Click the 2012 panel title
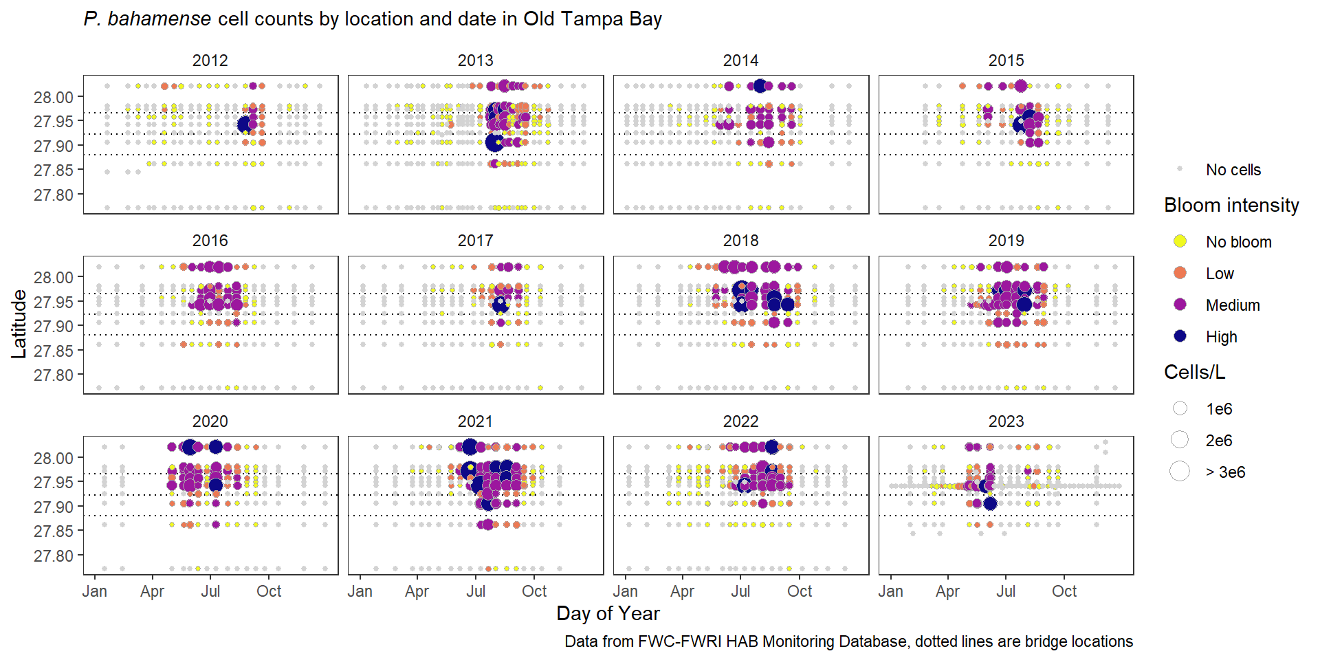[210, 60]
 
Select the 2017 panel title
[475, 241]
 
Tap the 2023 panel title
[1006, 421]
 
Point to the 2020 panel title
[210, 421]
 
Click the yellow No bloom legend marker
[1180, 241]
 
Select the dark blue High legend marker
[1180, 336]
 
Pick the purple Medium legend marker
[1180, 305]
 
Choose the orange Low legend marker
[1180, 273]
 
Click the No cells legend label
[1233, 170]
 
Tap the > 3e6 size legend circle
[1180, 472]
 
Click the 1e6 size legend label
[1219, 409]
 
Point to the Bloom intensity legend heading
[1231, 205]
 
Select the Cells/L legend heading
[1194, 372]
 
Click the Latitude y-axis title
[19, 324]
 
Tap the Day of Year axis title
[608, 613]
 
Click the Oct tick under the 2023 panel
[1064, 591]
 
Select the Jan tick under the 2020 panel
[95, 591]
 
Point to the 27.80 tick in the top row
[54, 195]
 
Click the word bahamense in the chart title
[159, 19]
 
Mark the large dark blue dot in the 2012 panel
[244, 124]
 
